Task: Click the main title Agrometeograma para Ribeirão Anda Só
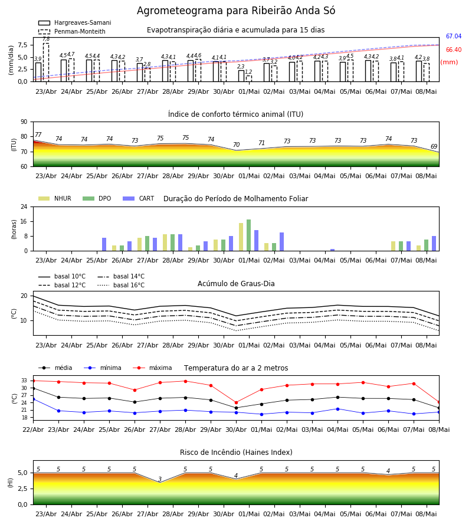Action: [235, 11]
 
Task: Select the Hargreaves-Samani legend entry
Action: [74, 22]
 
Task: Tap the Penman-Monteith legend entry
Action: [72, 31]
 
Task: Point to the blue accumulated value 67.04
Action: [454, 36]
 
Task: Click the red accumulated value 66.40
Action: [454, 50]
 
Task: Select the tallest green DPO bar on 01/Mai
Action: [249, 235]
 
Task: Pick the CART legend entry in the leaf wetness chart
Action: [139, 198]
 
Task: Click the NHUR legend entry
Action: [55, 198]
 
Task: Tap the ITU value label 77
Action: [38, 135]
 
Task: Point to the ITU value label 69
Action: [434, 146]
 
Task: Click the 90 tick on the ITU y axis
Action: [24, 122]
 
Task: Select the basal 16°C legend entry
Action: [121, 285]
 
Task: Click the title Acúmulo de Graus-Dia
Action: [236, 284]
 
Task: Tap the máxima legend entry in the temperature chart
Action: [152, 368]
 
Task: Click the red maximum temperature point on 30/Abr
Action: [237, 402]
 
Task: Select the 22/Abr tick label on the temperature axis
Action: [33, 430]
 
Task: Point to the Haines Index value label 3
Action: [160, 479]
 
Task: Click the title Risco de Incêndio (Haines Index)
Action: [236, 453]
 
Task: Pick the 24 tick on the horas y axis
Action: [24, 207]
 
